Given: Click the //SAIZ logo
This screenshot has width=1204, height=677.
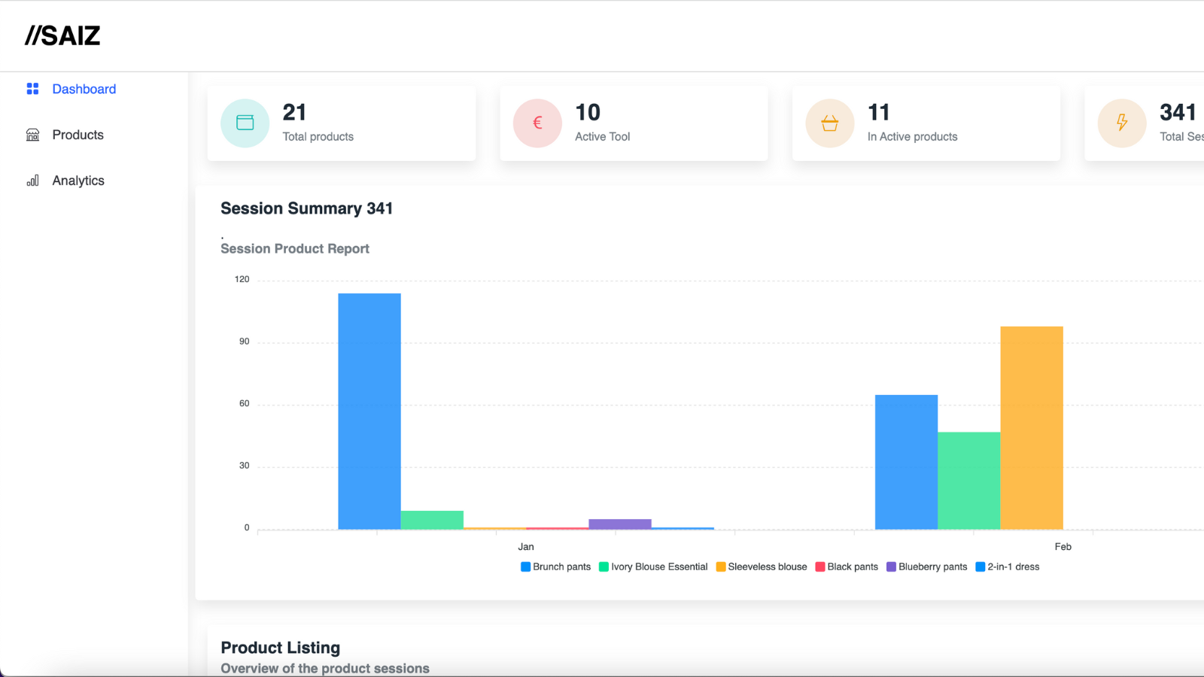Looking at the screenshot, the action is [x=62, y=35].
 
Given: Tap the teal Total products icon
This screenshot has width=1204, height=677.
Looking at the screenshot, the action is [x=245, y=123].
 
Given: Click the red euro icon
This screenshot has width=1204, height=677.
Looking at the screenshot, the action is [x=537, y=123].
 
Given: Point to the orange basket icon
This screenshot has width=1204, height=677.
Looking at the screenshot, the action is [x=830, y=123].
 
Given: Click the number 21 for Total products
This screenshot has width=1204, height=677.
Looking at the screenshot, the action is [x=294, y=112].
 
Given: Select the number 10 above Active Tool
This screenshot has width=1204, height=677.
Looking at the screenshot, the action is [x=588, y=112].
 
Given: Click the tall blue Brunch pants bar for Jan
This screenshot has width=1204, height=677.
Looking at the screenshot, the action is [x=369, y=411].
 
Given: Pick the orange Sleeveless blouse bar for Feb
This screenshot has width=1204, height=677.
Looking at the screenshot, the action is [x=1032, y=428].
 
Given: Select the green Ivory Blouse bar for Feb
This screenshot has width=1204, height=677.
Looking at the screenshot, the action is [x=969, y=481].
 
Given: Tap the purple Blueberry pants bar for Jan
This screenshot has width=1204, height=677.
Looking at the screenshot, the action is [x=620, y=524].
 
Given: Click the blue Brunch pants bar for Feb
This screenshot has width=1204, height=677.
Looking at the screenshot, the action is [x=906, y=462].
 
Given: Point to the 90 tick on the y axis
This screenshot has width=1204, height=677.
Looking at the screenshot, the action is [x=244, y=342].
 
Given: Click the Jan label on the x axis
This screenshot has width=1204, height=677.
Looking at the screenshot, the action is [x=526, y=546].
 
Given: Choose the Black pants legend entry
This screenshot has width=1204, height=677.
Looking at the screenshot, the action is [x=847, y=567].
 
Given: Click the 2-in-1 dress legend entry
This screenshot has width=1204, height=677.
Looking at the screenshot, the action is [x=1008, y=567].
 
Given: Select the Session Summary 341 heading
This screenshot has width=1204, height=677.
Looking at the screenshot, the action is [x=306, y=208].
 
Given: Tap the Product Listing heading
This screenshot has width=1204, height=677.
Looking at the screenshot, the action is [x=280, y=648].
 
